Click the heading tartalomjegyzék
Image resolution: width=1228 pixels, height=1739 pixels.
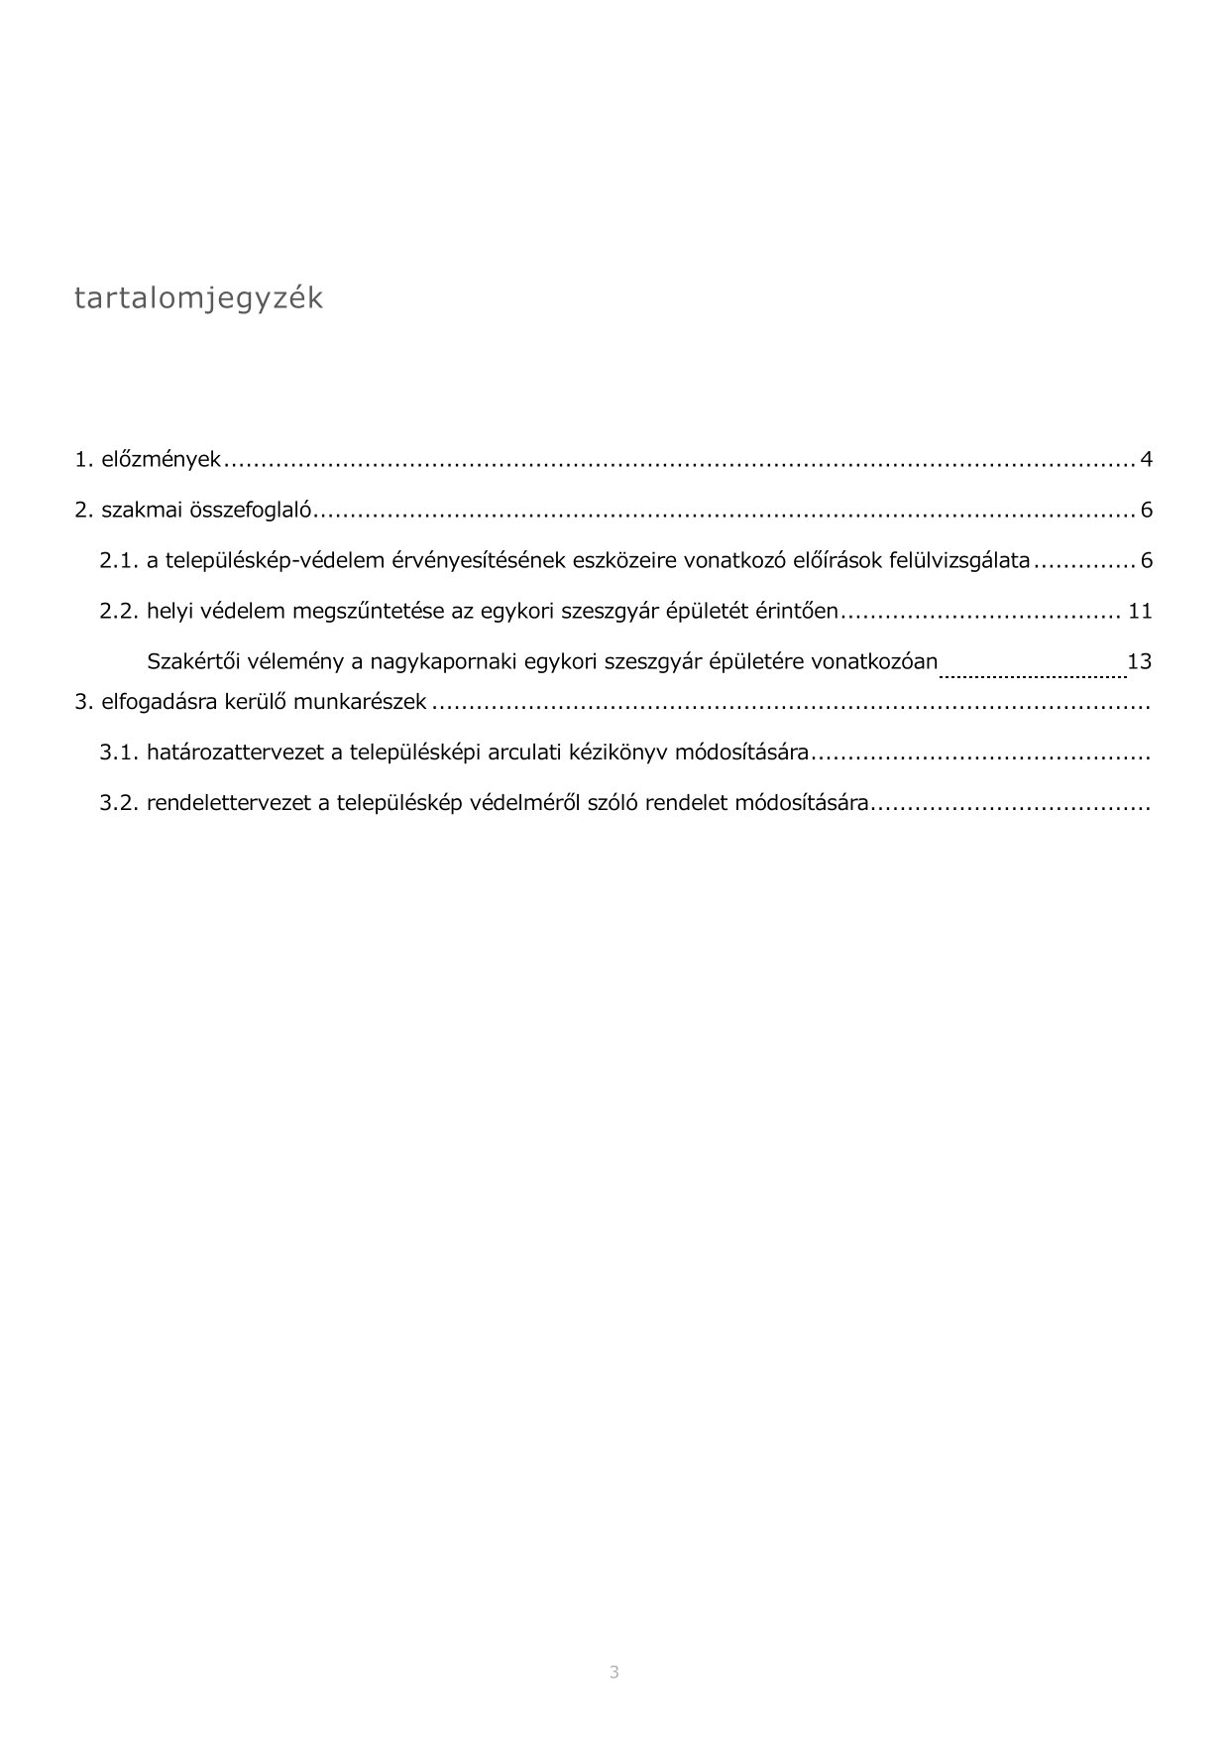tap(198, 298)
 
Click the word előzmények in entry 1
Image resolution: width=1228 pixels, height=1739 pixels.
tap(162, 460)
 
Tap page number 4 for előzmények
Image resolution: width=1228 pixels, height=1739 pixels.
tap(1146, 460)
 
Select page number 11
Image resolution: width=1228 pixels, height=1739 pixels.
tap(1140, 611)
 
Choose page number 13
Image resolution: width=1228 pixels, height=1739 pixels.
tap(1140, 660)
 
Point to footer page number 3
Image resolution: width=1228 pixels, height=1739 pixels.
tap(614, 1673)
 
